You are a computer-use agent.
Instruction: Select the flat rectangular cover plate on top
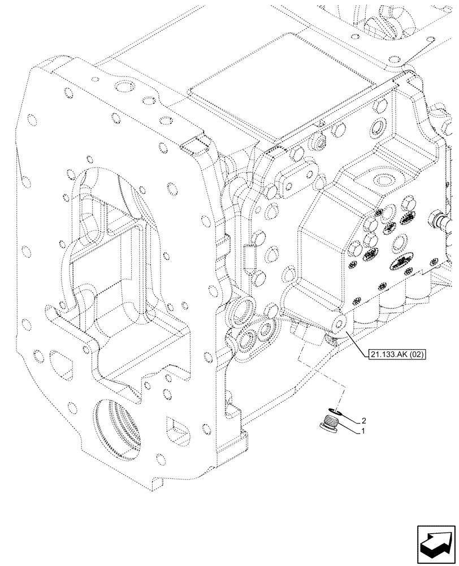(x=237, y=68)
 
